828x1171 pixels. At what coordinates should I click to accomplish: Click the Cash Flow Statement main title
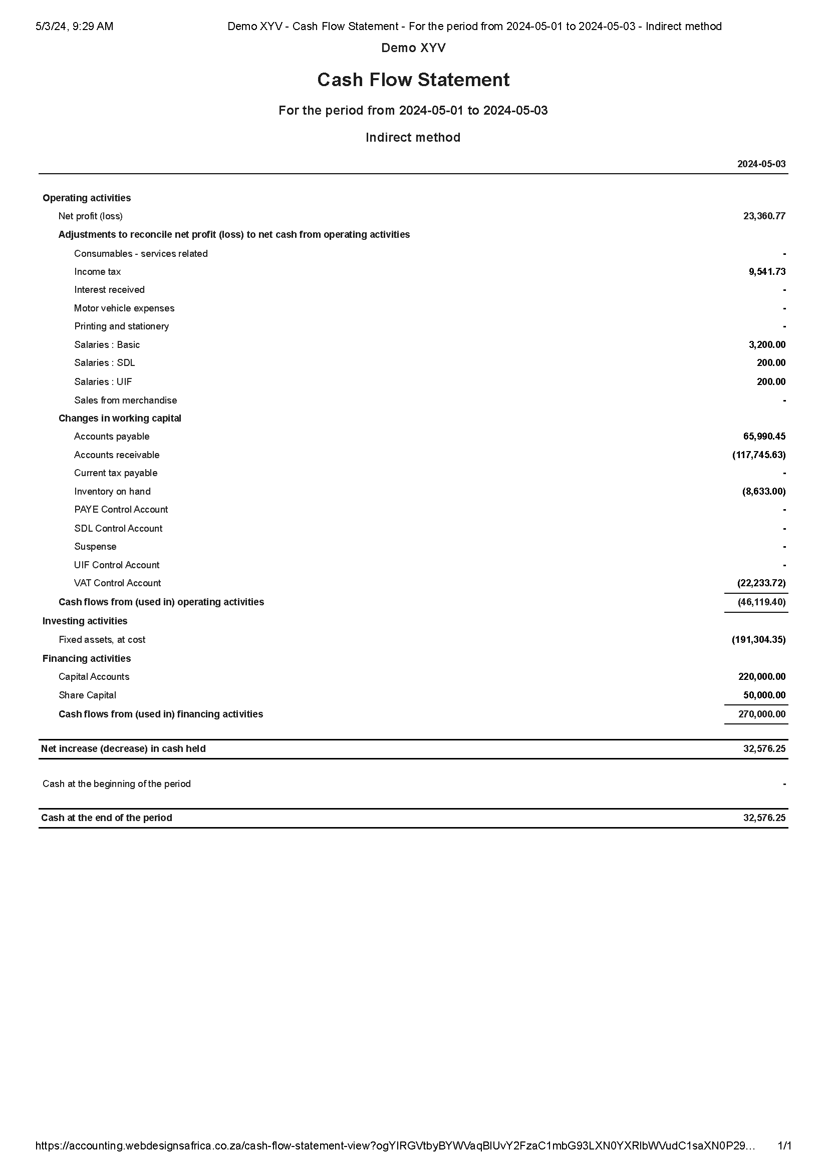click(413, 80)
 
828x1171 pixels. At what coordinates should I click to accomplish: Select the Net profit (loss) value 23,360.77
click(764, 216)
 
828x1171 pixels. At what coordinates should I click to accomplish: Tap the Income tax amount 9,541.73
click(767, 272)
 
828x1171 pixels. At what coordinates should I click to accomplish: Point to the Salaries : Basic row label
click(107, 345)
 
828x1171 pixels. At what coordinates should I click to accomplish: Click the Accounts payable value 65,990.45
click(764, 437)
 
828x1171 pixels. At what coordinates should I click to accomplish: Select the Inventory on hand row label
click(112, 492)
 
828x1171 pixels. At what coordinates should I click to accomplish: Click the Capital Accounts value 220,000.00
click(761, 677)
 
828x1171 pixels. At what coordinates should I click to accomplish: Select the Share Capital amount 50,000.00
click(764, 695)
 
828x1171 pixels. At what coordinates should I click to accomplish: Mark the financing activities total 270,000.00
click(761, 714)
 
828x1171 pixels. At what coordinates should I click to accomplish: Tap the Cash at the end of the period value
click(764, 818)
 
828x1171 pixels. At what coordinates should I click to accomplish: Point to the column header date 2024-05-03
click(761, 164)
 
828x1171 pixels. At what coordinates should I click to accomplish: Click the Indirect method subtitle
click(413, 138)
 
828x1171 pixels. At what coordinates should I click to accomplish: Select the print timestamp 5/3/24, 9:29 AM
click(75, 27)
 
